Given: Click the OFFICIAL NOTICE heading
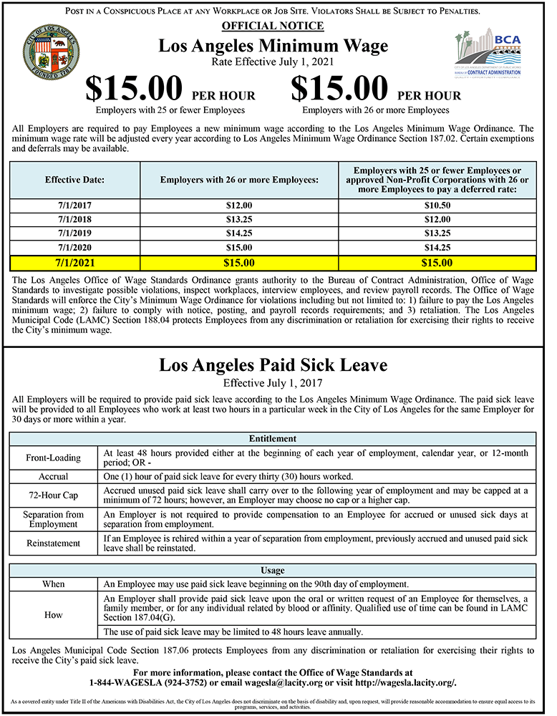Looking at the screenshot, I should pos(273,26).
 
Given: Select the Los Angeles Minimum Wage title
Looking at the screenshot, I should pos(273,46).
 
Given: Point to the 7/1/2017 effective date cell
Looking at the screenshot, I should pos(75,205).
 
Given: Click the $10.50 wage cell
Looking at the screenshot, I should pos(437,205).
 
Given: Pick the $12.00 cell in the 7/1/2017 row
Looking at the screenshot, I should pos(239,205).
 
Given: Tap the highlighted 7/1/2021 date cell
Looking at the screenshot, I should pos(75,263).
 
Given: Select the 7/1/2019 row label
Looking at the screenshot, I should pos(75,234).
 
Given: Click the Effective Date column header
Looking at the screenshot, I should pos(75,179).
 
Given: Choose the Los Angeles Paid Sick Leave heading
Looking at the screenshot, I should pos(273,365).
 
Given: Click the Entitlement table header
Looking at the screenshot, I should pos(273,438).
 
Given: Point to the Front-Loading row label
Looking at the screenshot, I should pos(53,457).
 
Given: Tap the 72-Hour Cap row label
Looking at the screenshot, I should pos(53,495).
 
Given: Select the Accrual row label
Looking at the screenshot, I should pos(53,476).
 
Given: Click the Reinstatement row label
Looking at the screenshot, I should pos(53,543).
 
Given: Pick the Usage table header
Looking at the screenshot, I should pos(273,570).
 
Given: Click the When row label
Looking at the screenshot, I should pos(53,584).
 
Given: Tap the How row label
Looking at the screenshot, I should pos(53,614).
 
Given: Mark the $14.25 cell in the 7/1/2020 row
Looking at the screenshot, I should pos(437,248).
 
